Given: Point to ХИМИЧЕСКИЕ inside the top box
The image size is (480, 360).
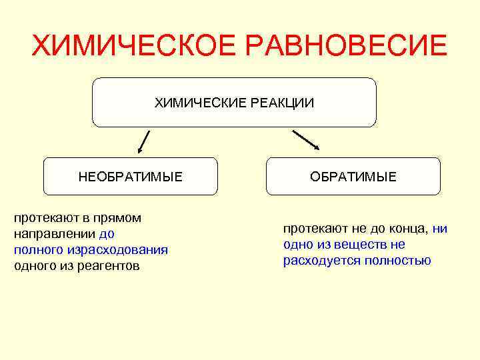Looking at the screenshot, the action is click(x=193, y=103).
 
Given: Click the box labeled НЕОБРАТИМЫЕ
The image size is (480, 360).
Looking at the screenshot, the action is click(x=131, y=177).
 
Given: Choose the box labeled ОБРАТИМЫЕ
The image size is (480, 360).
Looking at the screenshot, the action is click(x=353, y=177).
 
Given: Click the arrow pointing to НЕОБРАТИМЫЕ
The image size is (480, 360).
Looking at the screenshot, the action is click(x=143, y=142).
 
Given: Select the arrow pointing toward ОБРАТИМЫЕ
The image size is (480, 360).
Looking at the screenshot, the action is click(x=306, y=139).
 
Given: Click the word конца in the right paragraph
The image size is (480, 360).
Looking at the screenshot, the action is click(x=407, y=229).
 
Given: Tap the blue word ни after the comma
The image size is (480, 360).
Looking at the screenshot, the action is click(x=440, y=229).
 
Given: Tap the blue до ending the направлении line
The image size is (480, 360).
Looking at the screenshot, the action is click(x=107, y=234).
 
